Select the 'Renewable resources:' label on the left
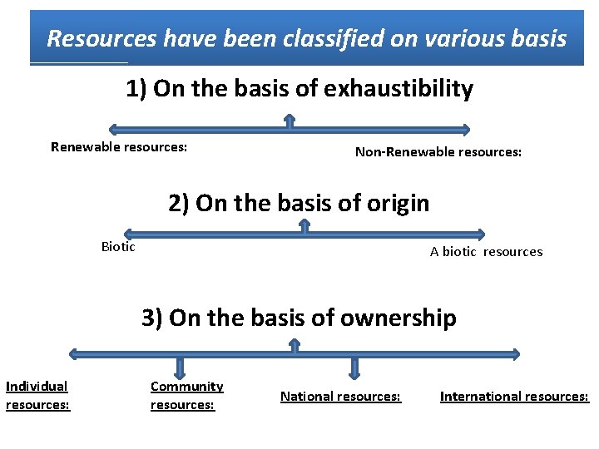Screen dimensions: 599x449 click(119, 147)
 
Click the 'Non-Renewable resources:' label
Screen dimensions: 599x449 click(438, 152)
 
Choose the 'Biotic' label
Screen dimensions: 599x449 click(118, 246)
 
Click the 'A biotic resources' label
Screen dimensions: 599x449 click(486, 251)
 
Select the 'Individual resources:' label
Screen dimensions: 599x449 click(37, 395)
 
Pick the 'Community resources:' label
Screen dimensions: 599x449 click(186, 395)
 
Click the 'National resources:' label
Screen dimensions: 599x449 click(340, 397)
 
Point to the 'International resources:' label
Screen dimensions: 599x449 click(514, 397)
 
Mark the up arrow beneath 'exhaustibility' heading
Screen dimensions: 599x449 click(290, 121)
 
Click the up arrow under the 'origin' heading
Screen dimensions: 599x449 click(302, 226)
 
